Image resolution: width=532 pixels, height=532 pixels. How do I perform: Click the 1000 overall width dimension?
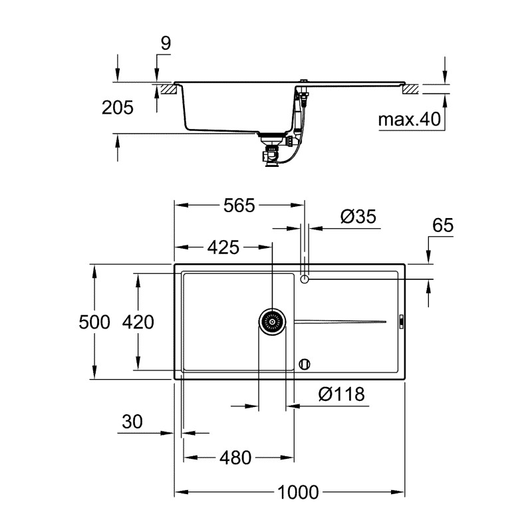tap(299, 493)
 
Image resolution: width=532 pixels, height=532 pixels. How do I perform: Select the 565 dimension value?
tap(239, 206)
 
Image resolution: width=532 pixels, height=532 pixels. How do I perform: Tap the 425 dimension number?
tap(223, 248)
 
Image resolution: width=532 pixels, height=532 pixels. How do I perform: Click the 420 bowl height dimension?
tap(138, 323)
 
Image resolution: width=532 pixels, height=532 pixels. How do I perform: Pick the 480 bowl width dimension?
tap(237, 458)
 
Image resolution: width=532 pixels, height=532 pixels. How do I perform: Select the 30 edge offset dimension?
tap(133, 422)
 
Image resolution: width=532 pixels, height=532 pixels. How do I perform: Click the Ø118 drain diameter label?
tap(341, 394)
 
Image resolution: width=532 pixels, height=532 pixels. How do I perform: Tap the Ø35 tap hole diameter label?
tap(358, 217)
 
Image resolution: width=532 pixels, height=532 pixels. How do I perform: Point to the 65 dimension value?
tap(442, 226)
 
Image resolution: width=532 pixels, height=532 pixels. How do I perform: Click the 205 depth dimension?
tap(118, 108)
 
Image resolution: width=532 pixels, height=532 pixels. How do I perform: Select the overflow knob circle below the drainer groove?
tap(305, 363)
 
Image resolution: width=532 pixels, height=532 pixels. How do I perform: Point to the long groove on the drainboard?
tap(339, 323)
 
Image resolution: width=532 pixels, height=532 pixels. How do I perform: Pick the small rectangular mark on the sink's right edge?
tap(401, 323)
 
